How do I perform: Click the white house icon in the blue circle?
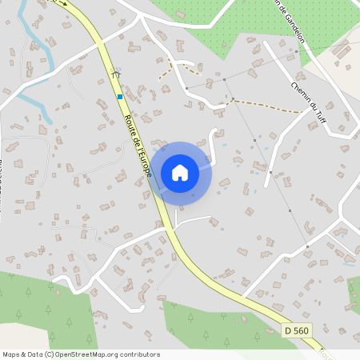179,172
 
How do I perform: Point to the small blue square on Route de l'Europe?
120,97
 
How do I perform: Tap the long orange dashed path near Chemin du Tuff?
268,106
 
